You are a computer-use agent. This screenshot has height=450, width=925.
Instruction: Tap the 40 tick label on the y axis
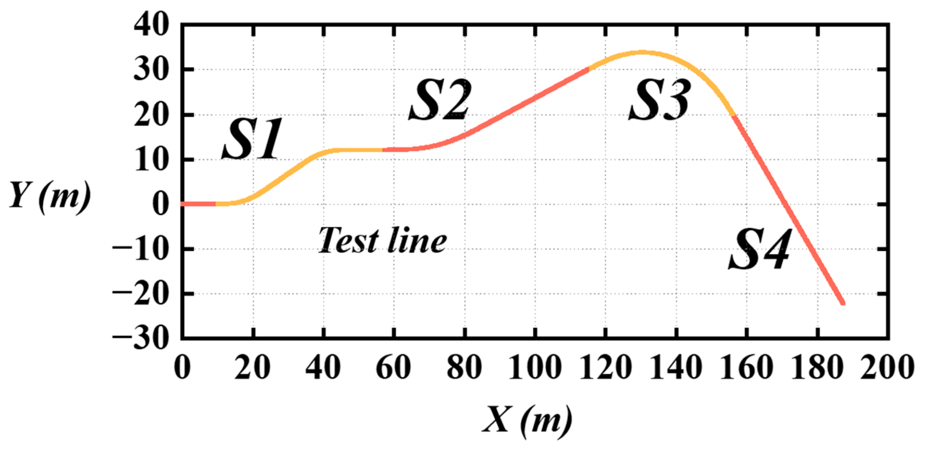click(151, 25)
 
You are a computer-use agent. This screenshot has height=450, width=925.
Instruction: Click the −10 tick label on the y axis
click(141, 249)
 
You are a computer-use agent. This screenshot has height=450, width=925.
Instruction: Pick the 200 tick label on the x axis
click(887, 367)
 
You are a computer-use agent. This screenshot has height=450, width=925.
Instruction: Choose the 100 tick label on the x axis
click(535, 367)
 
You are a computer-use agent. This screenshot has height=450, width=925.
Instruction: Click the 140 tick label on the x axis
click(675, 367)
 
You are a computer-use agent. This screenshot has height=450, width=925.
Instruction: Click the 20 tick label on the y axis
click(151, 115)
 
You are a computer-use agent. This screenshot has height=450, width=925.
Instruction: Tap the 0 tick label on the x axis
click(182, 367)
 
